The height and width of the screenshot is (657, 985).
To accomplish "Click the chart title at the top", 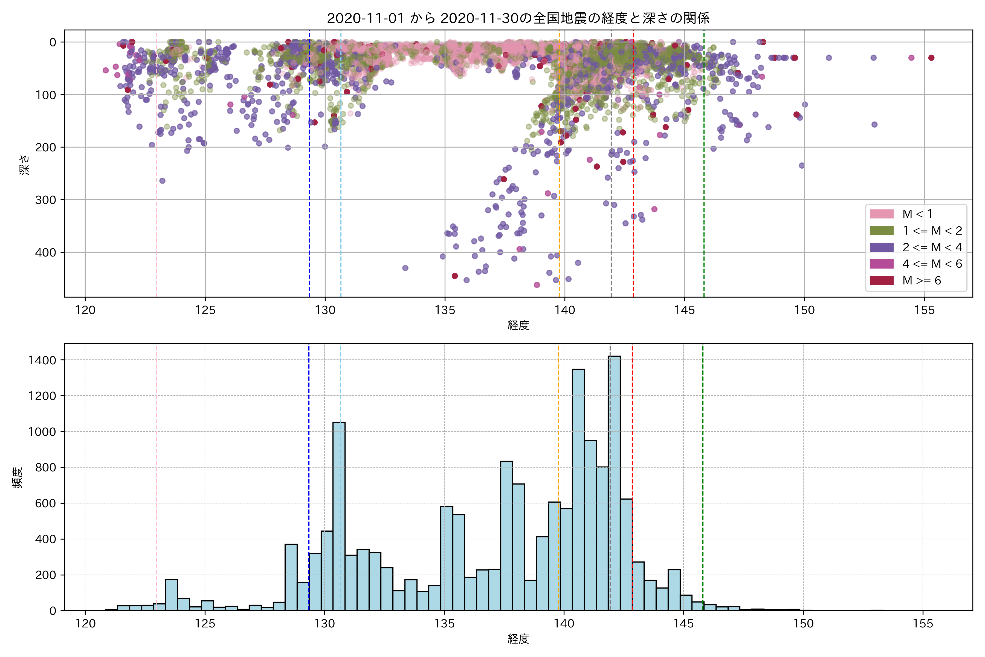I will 518,18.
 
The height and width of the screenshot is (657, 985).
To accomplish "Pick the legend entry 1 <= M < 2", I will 932,230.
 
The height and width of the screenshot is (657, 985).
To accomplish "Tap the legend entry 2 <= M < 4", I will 932,247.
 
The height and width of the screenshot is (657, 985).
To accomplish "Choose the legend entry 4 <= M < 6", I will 932,264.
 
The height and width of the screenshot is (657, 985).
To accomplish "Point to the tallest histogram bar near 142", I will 614,482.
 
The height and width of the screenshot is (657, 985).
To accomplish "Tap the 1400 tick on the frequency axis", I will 42,360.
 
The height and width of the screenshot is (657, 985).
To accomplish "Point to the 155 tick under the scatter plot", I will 924,310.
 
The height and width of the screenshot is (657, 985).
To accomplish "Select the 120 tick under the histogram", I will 85,624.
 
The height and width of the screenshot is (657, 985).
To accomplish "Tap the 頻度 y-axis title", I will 18,478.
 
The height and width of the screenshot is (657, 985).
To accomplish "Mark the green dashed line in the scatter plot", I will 703,168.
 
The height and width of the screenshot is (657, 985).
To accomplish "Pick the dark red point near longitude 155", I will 931,58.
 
